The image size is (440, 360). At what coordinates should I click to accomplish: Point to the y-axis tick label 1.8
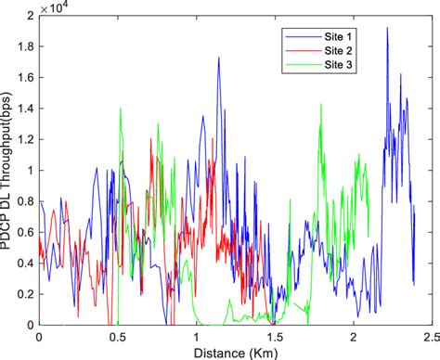(x=27, y=47)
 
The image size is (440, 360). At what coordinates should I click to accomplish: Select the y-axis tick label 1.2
(x=27, y=139)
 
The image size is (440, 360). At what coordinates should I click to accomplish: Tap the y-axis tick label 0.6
(x=27, y=232)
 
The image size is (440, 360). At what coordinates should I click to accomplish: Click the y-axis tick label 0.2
(x=27, y=293)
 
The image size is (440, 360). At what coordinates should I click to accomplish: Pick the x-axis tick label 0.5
(x=118, y=338)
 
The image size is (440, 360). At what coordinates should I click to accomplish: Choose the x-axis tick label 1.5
(x=274, y=338)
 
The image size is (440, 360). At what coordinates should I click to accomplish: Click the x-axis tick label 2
(x=352, y=338)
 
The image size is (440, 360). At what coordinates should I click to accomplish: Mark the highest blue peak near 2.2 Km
(x=387, y=29)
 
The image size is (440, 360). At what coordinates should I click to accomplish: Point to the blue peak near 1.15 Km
(x=219, y=58)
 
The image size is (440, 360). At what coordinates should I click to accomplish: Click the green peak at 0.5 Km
(x=121, y=109)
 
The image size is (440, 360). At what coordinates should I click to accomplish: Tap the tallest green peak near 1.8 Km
(x=321, y=105)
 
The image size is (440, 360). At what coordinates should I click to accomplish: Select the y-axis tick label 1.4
(x=27, y=109)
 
